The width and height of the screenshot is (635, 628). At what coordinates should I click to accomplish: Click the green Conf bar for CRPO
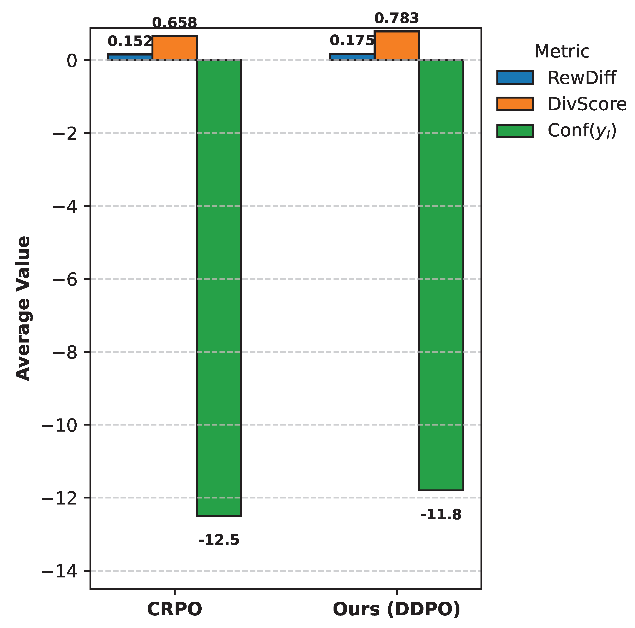[x=219, y=288]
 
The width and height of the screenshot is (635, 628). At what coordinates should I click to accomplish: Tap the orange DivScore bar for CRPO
[x=175, y=48]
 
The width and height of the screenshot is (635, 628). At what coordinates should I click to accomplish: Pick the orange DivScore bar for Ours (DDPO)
[x=397, y=46]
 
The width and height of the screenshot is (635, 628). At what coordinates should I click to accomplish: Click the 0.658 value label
[x=175, y=23]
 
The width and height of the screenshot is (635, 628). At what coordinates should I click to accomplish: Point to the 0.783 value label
[x=397, y=19]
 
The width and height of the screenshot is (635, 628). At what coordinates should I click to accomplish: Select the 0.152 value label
[x=130, y=41]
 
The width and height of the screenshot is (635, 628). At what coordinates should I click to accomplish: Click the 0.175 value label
[x=352, y=41]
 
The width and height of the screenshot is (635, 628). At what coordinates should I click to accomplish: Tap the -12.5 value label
[x=219, y=540]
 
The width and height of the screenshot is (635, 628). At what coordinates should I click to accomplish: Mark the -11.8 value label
[x=441, y=515]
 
